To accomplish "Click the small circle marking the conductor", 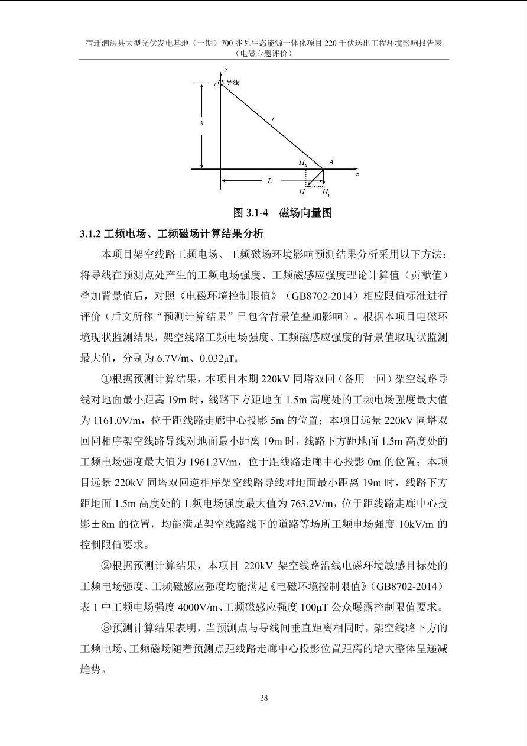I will pyautogui.click(x=221, y=83).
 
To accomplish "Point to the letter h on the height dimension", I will pyautogui.click(x=201, y=123).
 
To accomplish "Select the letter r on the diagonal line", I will pyautogui.click(x=273, y=119).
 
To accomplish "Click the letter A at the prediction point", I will pyautogui.click(x=331, y=161).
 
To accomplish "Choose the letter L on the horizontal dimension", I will pyautogui.click(x=269, y=181).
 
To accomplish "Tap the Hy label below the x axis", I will pyautogui.click(x=326, y=192).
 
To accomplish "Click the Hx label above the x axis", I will pyautogui.click(x=302, y=162).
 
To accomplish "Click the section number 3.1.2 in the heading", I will pyautogui.click(x=90, y=233).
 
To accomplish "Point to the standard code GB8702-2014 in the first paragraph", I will pyautogui.click(x=327, y=296).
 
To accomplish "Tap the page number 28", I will pyautogui.click(x=263, y=698).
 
